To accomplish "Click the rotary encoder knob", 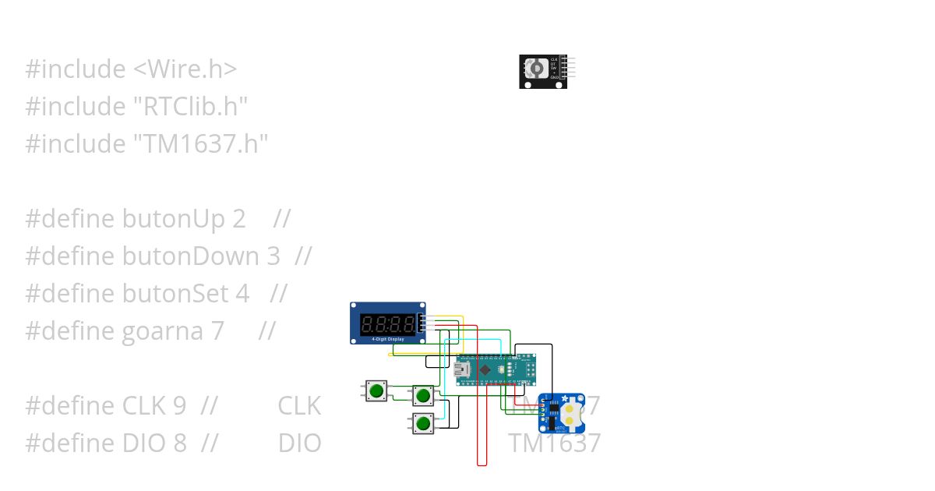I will coord(535,69).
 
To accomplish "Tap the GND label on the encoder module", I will coord(554,78).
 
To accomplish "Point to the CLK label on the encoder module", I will coord(554,59).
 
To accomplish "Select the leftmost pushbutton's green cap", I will coord(377,390).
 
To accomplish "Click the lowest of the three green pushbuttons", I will coord(423,423).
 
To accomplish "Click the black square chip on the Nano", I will coord(485,369).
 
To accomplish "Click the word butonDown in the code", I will coord(190,256).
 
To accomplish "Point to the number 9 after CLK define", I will coord(179,406).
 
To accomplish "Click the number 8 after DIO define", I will coord(179,443).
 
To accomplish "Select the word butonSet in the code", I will coord(175,294).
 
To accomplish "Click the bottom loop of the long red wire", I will coord(482,465).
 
